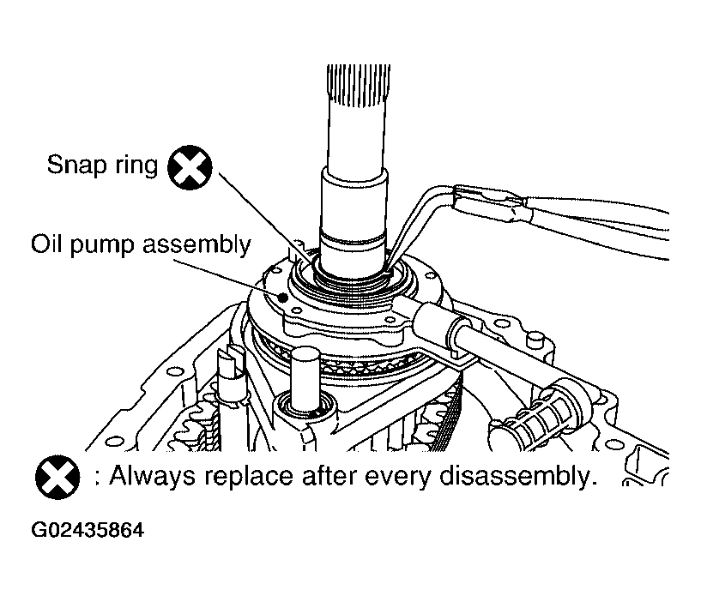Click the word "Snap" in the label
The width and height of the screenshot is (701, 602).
coord(78,164)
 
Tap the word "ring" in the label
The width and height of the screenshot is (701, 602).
coord(136,166)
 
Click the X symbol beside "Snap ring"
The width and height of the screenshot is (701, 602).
coord(190,167)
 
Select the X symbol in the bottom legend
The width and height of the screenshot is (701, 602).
coord(57,477)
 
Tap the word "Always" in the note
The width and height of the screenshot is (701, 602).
coord(153,477)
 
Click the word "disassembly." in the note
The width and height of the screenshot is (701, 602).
coord(518,477)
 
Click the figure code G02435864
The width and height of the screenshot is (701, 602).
coord(88,530)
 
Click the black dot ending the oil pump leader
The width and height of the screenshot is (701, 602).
coord(282,298)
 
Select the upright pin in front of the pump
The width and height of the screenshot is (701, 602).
coord(305,379)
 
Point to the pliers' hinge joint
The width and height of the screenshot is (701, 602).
coord(515,208)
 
